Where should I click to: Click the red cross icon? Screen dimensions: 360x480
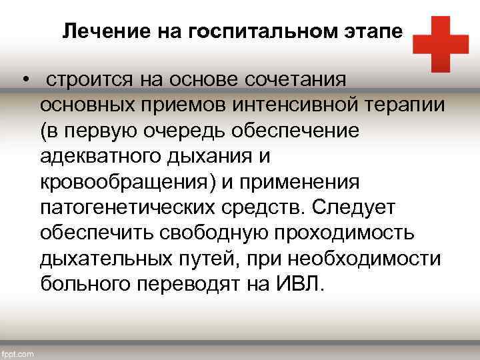coord(440,44)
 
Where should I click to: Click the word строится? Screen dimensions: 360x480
coord(89,81)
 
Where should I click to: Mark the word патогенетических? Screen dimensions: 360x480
coord(126,207)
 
